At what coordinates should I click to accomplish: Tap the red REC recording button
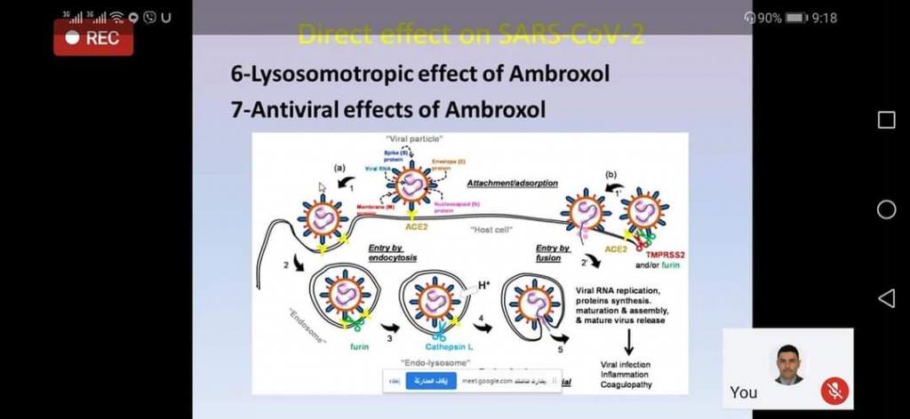[x=93, y=38]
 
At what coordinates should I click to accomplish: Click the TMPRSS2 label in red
[x=659, y=255]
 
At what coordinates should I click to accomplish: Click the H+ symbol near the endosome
[x=484, y=285]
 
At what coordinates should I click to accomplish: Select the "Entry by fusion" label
[x=553, y=252]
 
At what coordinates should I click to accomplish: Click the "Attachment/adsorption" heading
[x=513, y=183]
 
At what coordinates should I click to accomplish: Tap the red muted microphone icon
[x=834, y=390]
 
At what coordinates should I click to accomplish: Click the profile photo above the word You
[x=786, y=364]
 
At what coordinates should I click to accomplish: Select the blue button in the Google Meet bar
[x=431, y=381]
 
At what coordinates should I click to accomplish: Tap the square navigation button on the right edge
[x=886, y=120]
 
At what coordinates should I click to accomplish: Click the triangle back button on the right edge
[x=886, y=298]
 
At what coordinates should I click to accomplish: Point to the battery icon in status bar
[x=795, y=18]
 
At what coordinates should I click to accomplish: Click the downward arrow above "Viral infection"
[x=628, y=342]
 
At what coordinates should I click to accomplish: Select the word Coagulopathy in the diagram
[x=626, y=384]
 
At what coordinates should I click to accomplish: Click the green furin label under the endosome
[x=359, y=346]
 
